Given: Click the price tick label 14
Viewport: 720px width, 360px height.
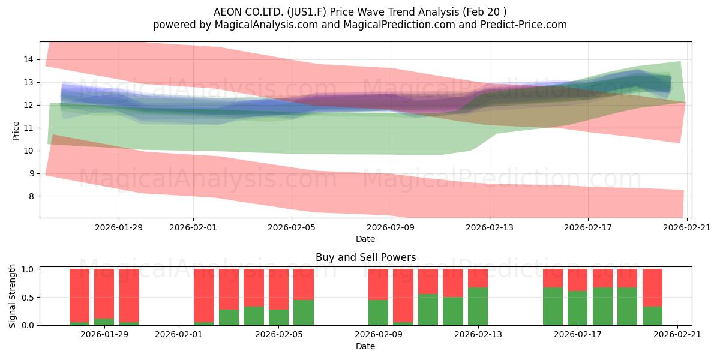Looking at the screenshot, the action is (x=28, y=59).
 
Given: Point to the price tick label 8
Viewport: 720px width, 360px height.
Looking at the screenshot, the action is (x=31, y=196).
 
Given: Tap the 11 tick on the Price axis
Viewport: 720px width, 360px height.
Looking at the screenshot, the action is (x=28, y=128).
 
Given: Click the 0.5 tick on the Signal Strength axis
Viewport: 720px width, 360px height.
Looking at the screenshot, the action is (x=28, y=298).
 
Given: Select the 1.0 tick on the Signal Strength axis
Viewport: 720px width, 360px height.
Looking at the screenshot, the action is (x=28, y=269).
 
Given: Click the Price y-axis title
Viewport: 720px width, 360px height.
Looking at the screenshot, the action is (x=16, y=131).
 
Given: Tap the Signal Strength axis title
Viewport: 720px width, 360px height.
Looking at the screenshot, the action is (x=12, y=296).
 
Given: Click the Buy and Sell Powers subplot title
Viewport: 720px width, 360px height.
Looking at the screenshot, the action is (x=366, y=257).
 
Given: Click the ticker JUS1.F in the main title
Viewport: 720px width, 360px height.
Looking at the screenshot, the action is (x=307, y=12).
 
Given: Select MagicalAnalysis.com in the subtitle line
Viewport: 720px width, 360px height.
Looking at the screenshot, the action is (x=266, y=25).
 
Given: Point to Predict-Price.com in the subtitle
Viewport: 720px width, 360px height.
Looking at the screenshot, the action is (x=524, y=25).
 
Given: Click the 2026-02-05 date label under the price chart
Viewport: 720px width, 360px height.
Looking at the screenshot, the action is (x=292, y=227).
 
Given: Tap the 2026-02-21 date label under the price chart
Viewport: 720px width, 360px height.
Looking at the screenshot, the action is (x=687, y=227).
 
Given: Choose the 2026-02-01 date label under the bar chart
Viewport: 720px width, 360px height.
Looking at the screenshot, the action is (x=179, y=334).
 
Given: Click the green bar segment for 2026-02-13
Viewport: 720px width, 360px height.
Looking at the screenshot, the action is (x=478, y=307).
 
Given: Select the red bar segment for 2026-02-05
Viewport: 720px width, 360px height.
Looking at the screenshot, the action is (x=278, y=289).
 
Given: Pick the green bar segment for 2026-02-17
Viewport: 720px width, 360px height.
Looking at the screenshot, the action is (x=577, y=308).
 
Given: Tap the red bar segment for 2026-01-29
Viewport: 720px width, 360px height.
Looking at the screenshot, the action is (x=104, y=294).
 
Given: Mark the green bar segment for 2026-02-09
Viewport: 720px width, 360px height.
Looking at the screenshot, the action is (x=378, y=313).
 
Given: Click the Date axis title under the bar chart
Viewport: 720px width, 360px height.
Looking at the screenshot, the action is (x=365, y=346).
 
